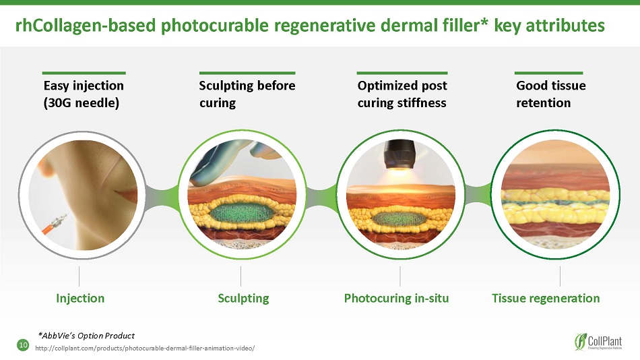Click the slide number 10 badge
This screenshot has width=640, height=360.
(x=23, y=345)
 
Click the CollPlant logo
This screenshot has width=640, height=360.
(x=598, y=342)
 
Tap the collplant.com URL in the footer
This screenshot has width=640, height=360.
(x=145, y=349)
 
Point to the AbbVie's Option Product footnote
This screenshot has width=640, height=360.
(x=86, y=336)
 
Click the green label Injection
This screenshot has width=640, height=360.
(x=80, y=298)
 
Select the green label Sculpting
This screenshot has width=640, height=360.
(x=243, y=299)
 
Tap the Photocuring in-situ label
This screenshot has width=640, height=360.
(x=396, y=299)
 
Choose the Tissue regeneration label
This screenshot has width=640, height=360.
(x=546, y=299)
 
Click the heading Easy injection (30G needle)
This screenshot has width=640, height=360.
(x=84, y=94)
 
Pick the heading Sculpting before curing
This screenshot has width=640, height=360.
(x=247, y=94)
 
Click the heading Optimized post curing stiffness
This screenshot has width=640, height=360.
(x=402, y=94)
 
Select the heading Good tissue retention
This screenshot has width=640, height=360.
(x=550, y=94)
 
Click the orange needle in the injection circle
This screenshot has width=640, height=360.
(x=55, y=223)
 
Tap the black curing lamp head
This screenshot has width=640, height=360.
(x=399, y=154)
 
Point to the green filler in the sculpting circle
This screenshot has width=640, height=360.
(x=241, y=213)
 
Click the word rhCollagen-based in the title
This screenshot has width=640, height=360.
(x=86, y=26)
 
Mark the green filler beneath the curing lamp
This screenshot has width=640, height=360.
(x=399, y=217)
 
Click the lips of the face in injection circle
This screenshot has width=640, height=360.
(x=127, y=192)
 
